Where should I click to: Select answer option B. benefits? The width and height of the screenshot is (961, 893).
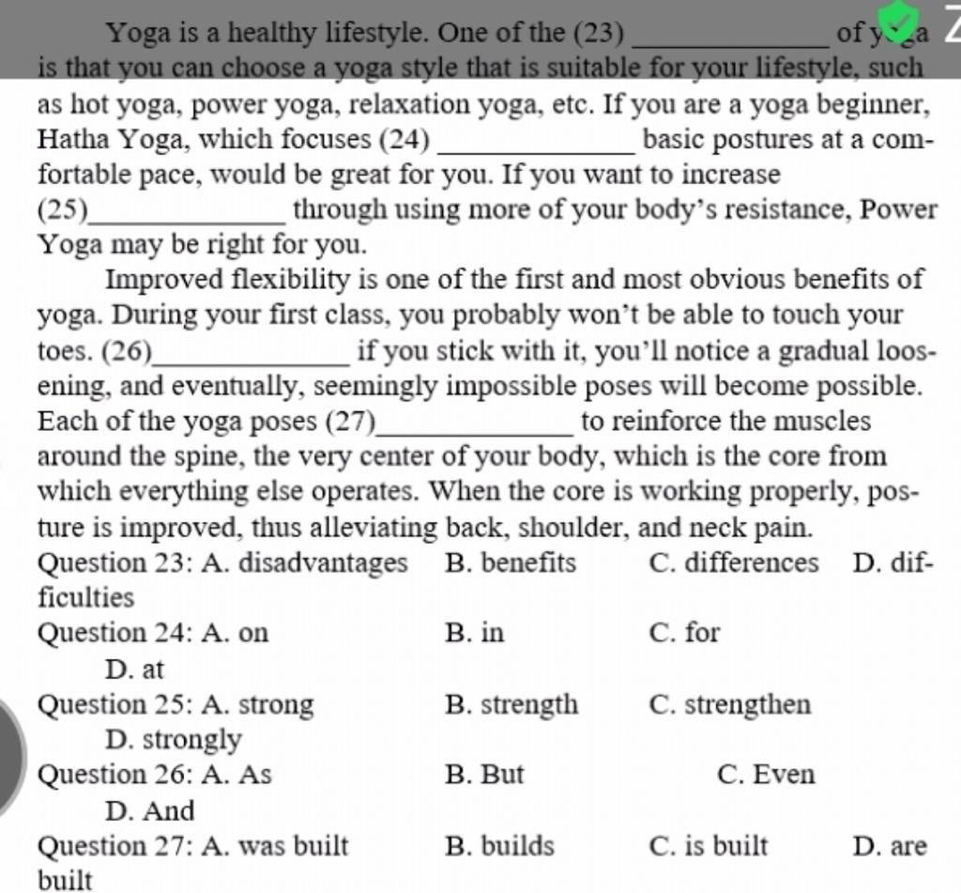[511, 563]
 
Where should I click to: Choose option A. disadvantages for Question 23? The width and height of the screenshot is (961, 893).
[304, 563]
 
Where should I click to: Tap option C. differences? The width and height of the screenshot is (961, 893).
[734, 563]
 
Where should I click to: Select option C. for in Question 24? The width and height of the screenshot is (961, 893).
[684, 633]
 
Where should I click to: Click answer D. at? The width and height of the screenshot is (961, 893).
[135, 670]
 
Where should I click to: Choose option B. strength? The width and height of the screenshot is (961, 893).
[511, 704]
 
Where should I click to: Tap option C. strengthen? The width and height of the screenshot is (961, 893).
[730, 704]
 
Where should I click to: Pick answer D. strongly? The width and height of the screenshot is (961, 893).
[174, 740]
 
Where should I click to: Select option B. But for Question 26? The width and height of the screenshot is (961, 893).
[484, 776]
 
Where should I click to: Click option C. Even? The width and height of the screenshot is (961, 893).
[766, 776]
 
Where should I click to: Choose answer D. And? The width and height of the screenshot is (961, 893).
[150, 810]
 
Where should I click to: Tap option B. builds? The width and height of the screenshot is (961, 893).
[500, 847]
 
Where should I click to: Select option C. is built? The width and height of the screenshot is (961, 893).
[709, 847]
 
